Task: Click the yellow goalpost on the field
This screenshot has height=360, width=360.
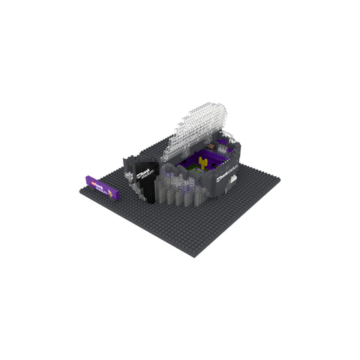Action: (x=202, y=160)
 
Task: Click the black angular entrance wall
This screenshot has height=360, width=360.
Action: (x=149, y=180)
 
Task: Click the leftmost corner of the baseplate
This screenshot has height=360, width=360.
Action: (x=80, y=193)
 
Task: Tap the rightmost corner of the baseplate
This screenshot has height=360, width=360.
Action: (x=280, y=178)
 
